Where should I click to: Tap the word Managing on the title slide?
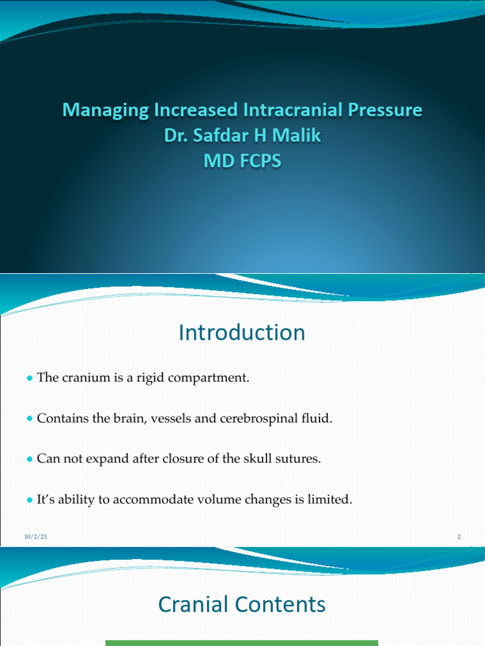(x=104, y=110)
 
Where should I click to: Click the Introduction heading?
(x=242, y=332)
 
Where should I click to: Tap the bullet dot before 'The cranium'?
(x=29, y=379)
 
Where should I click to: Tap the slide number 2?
(x=459, y=537)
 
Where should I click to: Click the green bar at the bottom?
(x=242, y=643)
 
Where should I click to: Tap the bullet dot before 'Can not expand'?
(x=29, y=459)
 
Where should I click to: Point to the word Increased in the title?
(x=196, y=110)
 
